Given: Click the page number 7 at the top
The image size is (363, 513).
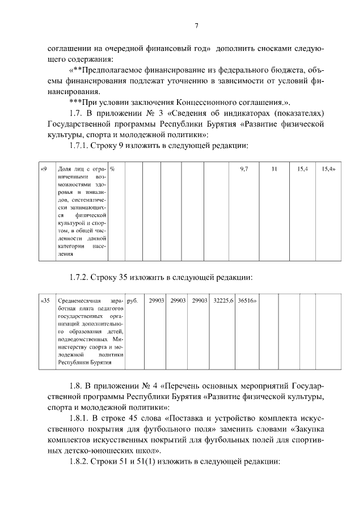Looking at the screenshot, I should [196, 26].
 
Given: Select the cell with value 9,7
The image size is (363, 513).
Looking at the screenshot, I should [244, 169].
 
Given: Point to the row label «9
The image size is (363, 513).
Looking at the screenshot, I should [45, 169].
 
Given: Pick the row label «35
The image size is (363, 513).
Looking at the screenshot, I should [47, 300].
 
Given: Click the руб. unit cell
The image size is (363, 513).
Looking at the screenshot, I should [133, 300].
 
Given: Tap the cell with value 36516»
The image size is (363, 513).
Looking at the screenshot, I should [247, 300].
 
